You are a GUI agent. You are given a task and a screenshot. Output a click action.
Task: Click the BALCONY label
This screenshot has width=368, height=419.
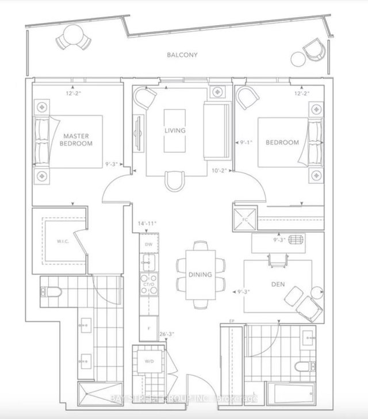pos(182,55)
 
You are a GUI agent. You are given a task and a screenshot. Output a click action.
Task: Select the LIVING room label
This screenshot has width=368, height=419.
pos(174,130)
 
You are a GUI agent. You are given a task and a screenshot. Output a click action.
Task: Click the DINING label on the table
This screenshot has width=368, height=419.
pos(200,275)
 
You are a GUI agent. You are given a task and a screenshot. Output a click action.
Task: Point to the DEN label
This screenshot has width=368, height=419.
pos(278,283)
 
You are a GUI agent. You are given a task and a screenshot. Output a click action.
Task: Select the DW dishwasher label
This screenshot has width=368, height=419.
pos(148,244)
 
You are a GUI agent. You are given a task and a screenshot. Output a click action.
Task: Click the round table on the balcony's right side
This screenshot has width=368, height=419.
pos(297,58)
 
